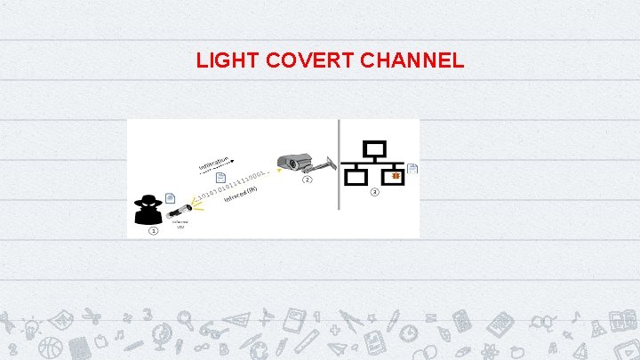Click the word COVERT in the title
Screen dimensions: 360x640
pyautogui.click(x=300, y=61)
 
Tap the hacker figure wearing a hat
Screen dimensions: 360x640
pyautogui.click(x=148, y=208)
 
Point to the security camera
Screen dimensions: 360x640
pyautogui.click(x=295, y=163)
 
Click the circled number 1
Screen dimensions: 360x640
pyautogui.click(x=153, y=231)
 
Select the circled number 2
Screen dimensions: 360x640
pyautogui.click(x=308, y=180)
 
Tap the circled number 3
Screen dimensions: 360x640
pyautogui.click(x=375, y=192)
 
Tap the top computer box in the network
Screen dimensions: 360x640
pyautogui.click(x=375, y=148)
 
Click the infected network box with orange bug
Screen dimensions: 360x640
pyautogui.click(x=394, y=177)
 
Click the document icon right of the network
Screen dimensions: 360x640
pyautogui.click(x=412, y=169)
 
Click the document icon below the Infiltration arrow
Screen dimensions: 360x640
pyautogui.click(x=220, y=178)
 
